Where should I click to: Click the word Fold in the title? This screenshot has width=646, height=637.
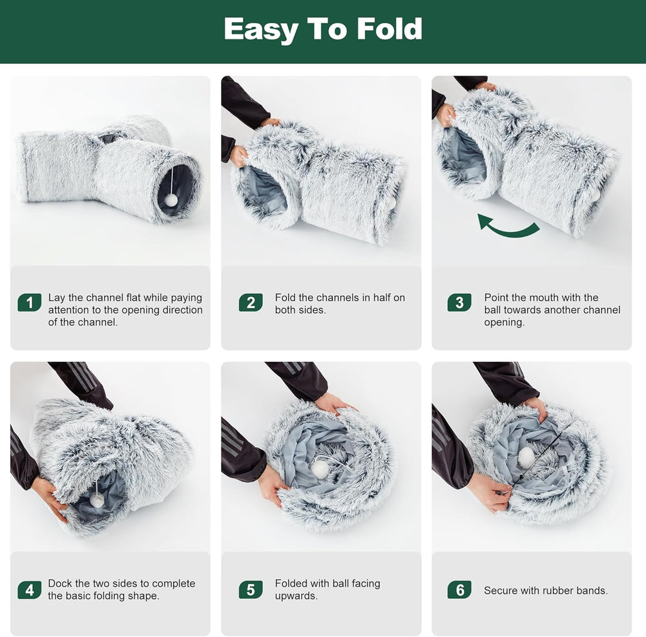(x=390, y=29)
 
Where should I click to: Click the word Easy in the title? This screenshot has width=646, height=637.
(x=261, y=30)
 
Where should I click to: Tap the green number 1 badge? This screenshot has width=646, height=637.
(x=29, y=303)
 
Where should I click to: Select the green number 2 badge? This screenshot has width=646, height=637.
(x=251, y=303)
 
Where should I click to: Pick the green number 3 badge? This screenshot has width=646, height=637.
(x=459, y=303)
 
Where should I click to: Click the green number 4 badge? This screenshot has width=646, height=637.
(x=29, y=590)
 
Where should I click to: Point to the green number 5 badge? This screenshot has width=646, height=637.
(x=251, y=590)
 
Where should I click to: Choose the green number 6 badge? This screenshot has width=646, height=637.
(x=459, y=590)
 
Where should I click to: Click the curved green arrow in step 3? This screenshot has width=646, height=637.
(x=509, y=233)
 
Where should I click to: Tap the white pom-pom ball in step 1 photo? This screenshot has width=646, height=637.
(x=171, y=200)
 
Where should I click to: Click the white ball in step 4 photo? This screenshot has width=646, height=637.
(x=98, y=500)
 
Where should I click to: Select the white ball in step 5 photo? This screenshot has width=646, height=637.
(x=320, y=469)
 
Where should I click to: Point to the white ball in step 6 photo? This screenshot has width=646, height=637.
(x=526, y=457)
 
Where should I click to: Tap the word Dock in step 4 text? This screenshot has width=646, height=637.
(x=59, y=583)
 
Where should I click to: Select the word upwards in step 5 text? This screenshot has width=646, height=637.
(x=297, y=596)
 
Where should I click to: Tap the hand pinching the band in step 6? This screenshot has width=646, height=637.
(x=490, y=492)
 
